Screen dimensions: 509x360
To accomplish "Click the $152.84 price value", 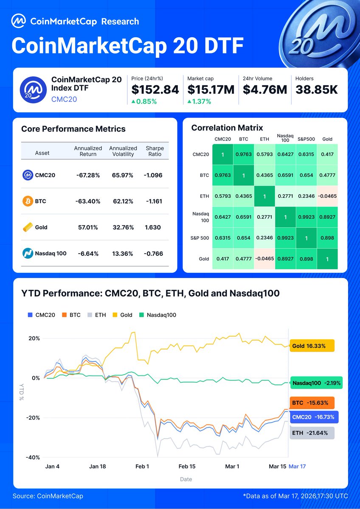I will click(155, 89).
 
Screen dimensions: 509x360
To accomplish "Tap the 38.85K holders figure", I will click(317, 89).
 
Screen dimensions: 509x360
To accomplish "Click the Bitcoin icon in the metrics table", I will click(28, 201).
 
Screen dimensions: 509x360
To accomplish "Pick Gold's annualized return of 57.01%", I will click(87, 227).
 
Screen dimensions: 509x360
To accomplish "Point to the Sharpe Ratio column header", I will click(155, 151).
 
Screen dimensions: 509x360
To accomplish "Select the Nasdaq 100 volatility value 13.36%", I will click(123, 254).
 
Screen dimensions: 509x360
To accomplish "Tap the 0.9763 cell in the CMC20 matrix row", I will click(243, 155).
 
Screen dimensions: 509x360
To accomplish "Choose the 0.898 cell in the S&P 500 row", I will click(327, 238).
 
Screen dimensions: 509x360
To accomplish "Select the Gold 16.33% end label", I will click(311, 346).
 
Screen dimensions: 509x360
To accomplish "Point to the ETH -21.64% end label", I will click(311, 433).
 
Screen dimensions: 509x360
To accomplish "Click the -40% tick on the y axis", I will click(34, 457).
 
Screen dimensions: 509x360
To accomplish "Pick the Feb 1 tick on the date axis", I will click(142, 466).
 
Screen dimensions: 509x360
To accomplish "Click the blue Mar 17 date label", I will click(297, 466).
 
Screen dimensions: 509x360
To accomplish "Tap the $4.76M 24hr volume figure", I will click(265, 89).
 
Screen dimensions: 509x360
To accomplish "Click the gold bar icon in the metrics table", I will click(28, 227).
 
